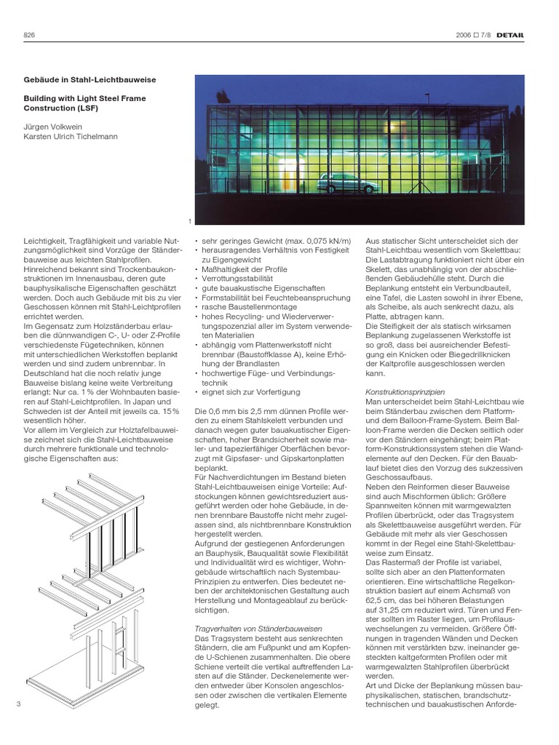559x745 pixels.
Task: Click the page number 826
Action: click(29, 35)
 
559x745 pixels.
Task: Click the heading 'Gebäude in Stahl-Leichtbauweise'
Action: click(90, 79)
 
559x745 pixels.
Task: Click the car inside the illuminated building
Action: click(348, 183)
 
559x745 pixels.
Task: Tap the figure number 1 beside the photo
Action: click(190, 222)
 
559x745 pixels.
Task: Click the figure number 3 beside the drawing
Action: click(17, 704)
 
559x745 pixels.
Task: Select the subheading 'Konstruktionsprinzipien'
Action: click(405, 391)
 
